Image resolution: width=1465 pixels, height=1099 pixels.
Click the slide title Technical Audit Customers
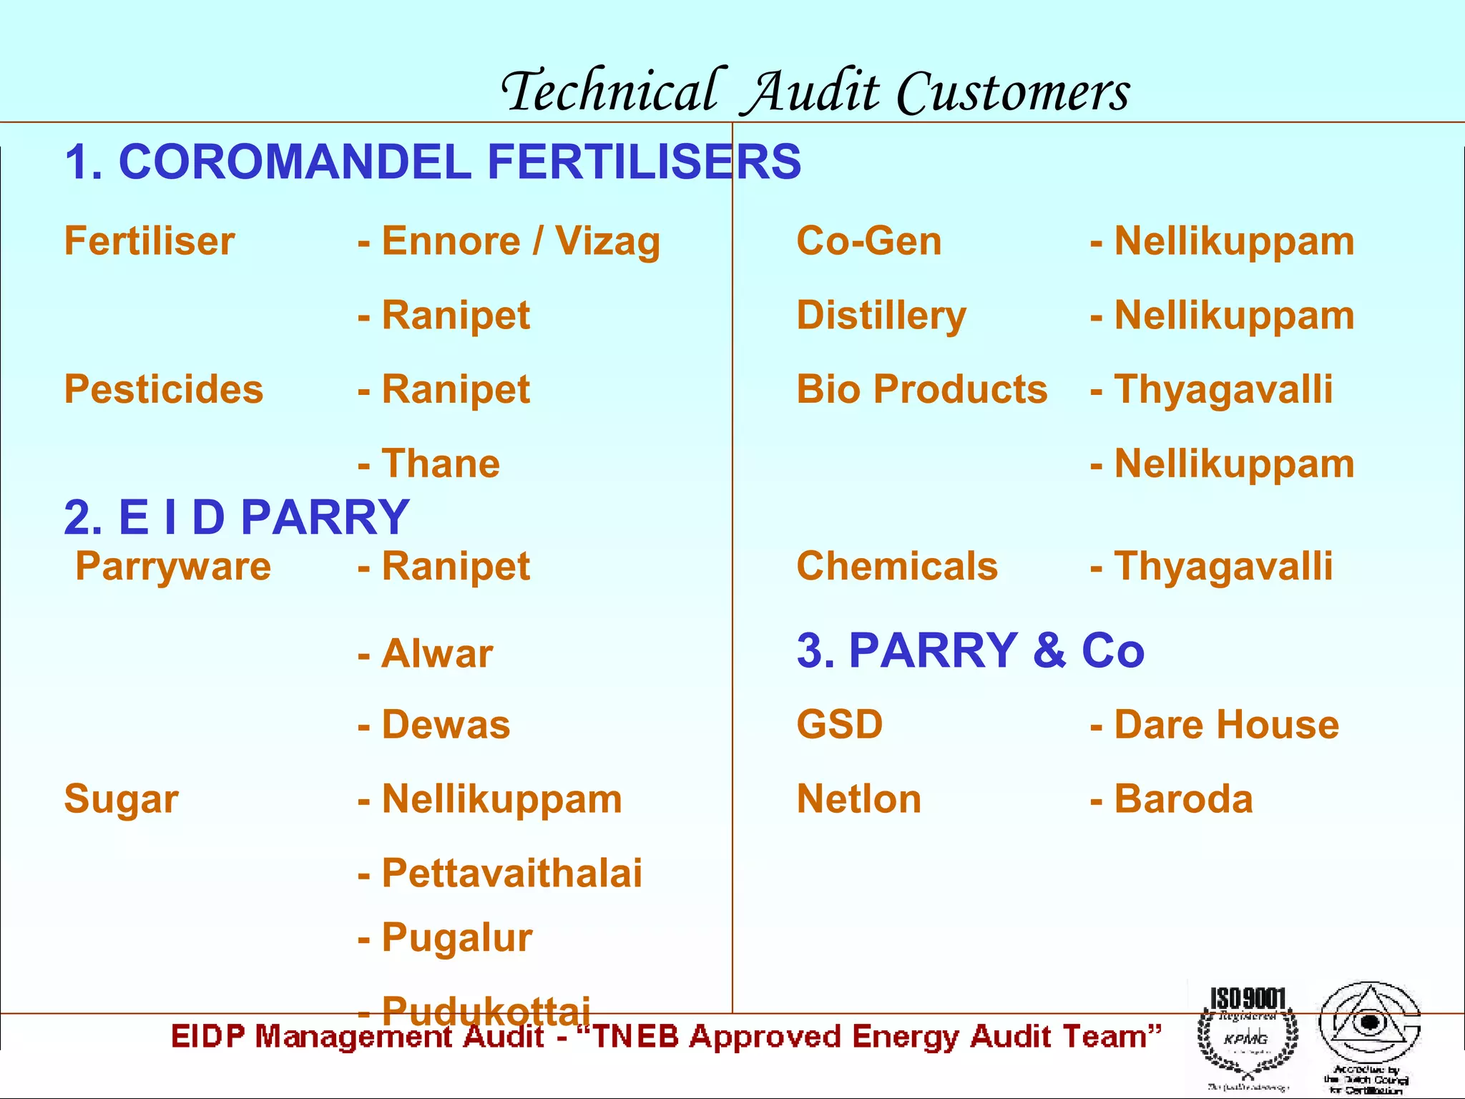point(815,92)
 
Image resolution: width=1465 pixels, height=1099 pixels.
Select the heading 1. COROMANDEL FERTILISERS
point(432,162)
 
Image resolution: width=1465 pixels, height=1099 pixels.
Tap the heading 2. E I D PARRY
point(236,517)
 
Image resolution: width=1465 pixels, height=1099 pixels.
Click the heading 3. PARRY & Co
point(970,650)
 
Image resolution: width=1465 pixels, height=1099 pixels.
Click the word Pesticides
point(164,389)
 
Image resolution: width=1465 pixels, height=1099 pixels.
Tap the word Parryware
point(173,566)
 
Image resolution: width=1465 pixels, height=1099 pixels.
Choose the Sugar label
point(121,799)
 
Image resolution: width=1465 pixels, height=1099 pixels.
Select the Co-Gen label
point(868,241)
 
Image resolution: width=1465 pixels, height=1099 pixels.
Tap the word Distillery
point(881,316)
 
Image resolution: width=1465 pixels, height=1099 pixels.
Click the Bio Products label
point(921,389)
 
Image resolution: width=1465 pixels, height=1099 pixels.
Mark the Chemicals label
point(897,566)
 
